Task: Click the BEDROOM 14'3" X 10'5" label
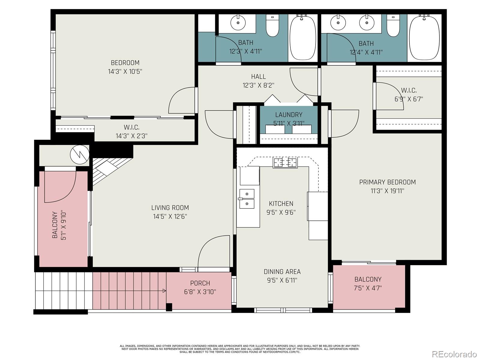[x=125, y=67]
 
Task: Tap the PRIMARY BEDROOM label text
[x=387, y=182]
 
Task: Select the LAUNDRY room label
[x=289, y=115]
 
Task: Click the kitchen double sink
[x=247, y=199]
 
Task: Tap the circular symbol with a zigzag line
[x=79, y=154]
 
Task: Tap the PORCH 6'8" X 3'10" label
[x=200, y=287]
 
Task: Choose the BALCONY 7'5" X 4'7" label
[x=368, y=284]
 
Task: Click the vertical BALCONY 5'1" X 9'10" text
[x=59, y=225]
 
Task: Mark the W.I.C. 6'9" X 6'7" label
[x=409, y=94]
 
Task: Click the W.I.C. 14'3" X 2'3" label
[x=131, y=132]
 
